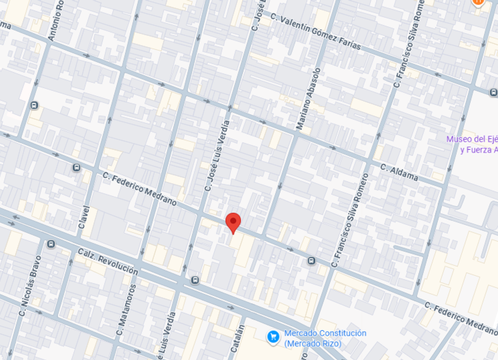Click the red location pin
point(234,223)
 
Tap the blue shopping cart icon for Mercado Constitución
point(272,336)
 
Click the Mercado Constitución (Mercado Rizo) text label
point(325,338)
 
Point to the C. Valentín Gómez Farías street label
point(315,32)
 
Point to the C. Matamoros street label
point(126,310)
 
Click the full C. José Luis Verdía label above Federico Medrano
point(216,156)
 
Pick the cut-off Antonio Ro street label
point(56,21)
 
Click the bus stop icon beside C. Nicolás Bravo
point(51,244)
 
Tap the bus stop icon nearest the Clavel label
point(76,167)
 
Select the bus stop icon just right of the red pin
point(312,260)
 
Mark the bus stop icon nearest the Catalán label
point(195,280)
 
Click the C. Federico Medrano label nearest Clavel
point(139,188)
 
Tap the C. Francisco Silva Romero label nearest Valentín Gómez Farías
point(409,44)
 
